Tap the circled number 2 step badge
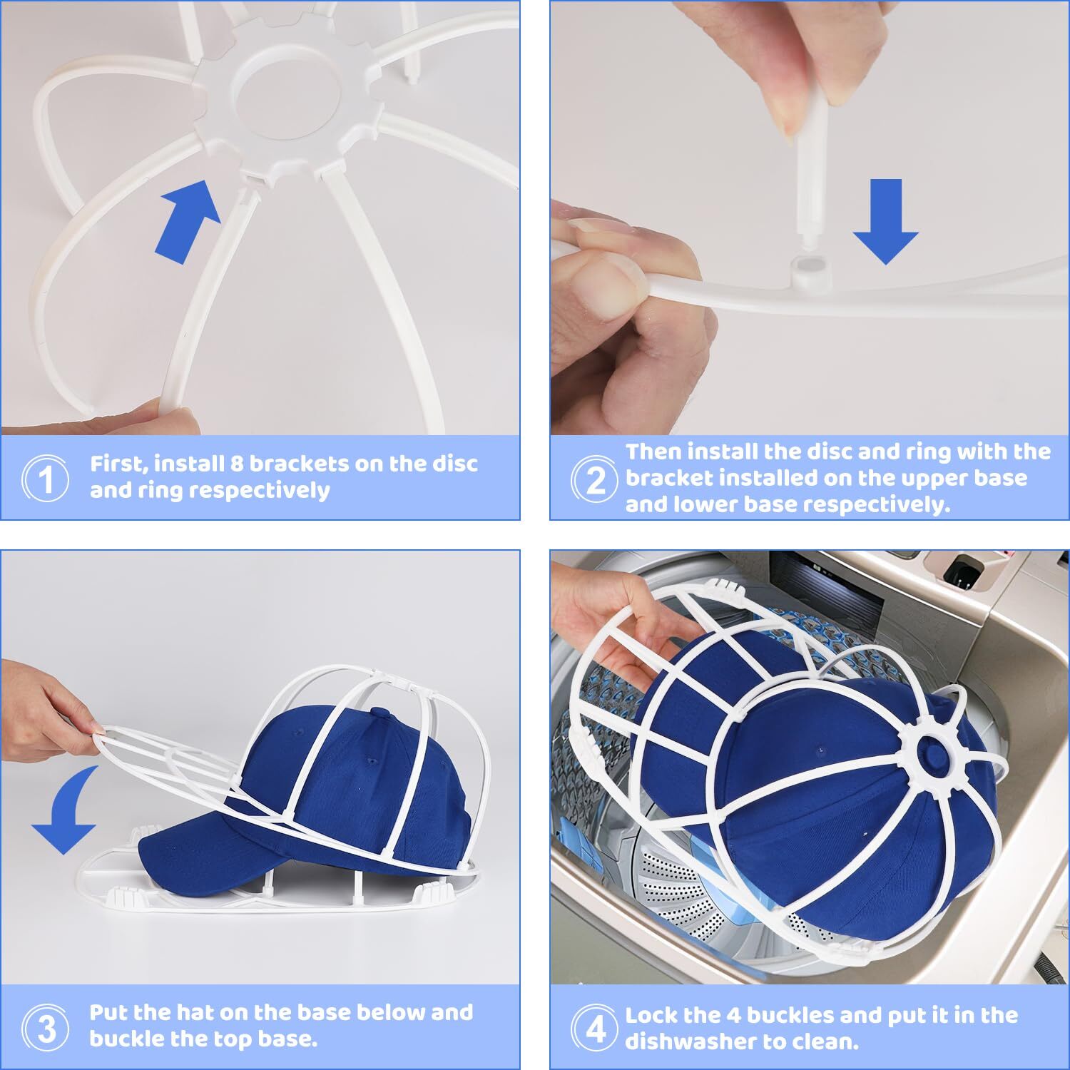pyautogui.click(x=596, y=479)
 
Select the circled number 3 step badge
pyautogui.click(x=46, y=1028)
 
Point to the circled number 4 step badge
pyautogui.click(x=596, y=1028)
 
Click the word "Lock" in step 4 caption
pyautogui.click(x=652, y=1015)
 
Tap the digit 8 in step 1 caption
pyautogui.click(x=237, y=464)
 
